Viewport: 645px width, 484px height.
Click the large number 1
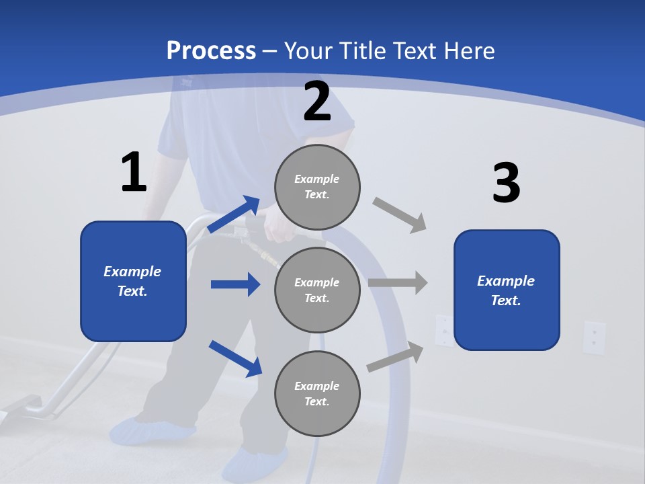tap(134, 173)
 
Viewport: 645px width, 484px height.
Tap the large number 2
tap(317, 102)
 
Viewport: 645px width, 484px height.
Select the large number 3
tap(506, 183)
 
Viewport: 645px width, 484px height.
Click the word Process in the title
tap(211, 50)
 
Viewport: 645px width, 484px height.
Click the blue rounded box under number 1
tap(133, 281)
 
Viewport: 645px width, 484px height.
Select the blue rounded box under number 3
tap(507, 290)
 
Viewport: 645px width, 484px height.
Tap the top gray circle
tap(317, 187)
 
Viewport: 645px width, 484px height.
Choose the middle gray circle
tap(317, 290)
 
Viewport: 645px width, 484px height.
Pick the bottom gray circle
tap(317, 393)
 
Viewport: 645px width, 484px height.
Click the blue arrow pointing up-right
tap(234, 214)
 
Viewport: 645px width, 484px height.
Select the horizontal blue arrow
tap(235, 284)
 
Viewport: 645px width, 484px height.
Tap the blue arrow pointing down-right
tap(235, 358)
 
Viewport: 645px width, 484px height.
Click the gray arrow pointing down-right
tap(400, 215)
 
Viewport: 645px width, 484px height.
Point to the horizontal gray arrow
tap(398, 283)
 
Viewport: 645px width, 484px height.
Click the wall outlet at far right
tap(594, 337)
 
